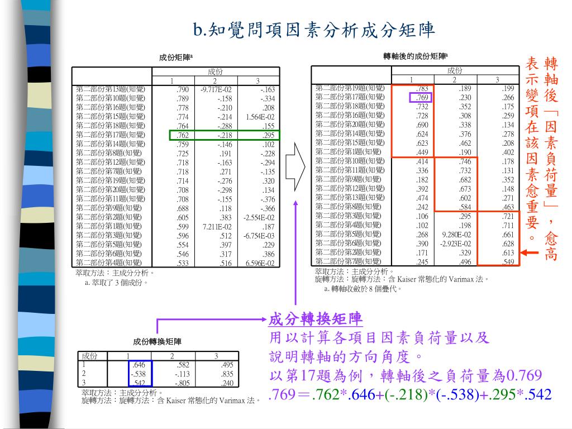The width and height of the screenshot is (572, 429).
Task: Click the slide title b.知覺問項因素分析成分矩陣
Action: click(x=314, y=29)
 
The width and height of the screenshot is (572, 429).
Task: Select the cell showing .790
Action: click(x=183, y=89)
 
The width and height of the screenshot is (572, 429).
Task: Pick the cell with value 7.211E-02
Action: click(x=217, y=227)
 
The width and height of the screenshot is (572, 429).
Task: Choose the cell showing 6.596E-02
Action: click(x=260, y=263)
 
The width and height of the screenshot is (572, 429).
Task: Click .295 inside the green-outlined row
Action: click(x=269, y=135)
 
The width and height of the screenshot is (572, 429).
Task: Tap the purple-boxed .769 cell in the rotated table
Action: click(x=422, y=97)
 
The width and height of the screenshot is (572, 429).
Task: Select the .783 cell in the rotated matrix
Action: click(x=422, y=88)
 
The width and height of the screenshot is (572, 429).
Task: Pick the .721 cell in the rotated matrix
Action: click(x=508, y=216)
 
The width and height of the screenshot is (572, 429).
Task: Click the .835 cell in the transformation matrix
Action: click(x=227, y=374)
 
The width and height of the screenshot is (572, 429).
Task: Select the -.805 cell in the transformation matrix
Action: click(x=182, y=383)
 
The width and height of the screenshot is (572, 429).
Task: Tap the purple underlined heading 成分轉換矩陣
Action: click(x=316, y=320)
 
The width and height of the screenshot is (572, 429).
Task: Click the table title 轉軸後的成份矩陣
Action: click(x=415, y=56)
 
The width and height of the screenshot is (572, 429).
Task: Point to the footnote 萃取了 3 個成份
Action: click(x=116, y=283)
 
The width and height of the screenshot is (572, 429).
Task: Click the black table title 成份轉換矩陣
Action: click(x=157, y=341)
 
